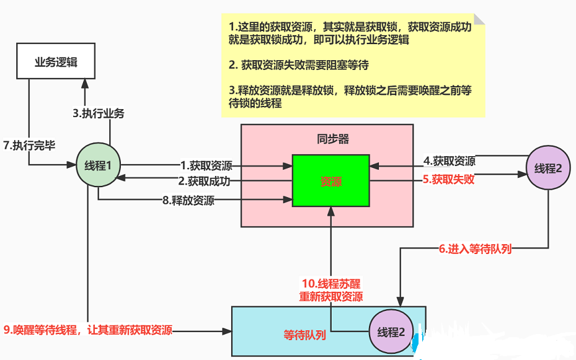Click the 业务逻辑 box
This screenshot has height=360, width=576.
[56, 61]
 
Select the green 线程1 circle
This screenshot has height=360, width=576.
[98, 165]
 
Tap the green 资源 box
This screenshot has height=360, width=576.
[330, 182]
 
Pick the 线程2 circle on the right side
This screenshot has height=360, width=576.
[548, 168]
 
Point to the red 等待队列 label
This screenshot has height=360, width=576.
[304, 335]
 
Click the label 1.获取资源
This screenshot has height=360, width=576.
[206, 165]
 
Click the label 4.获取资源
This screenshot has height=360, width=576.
[450, 161]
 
